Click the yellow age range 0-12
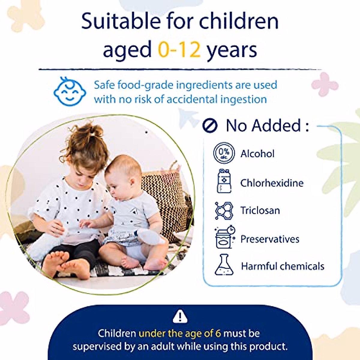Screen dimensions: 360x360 point(179,49)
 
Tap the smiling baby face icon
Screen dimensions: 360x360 point(70,91)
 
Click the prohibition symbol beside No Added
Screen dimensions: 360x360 point(210,125)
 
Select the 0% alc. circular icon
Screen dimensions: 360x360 point(224,153)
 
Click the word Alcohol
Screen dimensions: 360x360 point(257,154)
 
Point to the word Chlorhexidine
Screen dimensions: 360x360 point(272,183)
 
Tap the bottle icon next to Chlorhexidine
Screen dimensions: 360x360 point(224,181)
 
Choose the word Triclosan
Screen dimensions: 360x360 point(260,211)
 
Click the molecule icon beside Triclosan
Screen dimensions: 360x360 point(224,211)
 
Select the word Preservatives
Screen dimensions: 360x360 point(270,239)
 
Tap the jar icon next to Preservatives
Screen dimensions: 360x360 point(225,237)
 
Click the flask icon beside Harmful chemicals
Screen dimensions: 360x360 point(224,265)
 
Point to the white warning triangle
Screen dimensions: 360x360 point(180,316)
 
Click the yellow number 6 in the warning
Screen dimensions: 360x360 point(218,334)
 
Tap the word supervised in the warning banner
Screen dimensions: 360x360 point(97,347)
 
